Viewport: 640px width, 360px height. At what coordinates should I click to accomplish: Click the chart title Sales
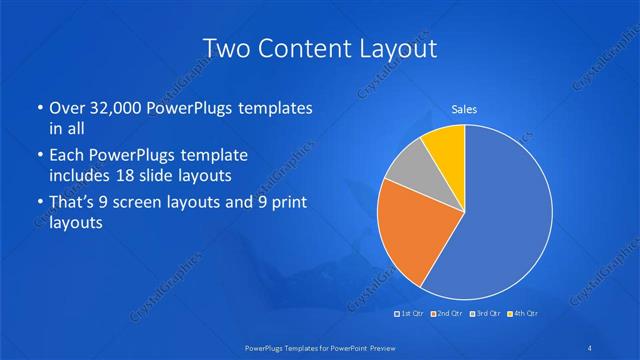[x=464, y=109]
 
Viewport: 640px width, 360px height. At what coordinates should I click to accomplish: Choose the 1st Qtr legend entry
[x=410, y=314]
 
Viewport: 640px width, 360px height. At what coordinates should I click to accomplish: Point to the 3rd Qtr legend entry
[x=487, y=314]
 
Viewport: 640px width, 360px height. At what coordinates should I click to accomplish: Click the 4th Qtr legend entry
[x=524, y=314]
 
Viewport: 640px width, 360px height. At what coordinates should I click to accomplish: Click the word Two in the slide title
[x=226, y=48]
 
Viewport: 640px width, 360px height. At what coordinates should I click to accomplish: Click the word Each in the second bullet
[x=66, y=155]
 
